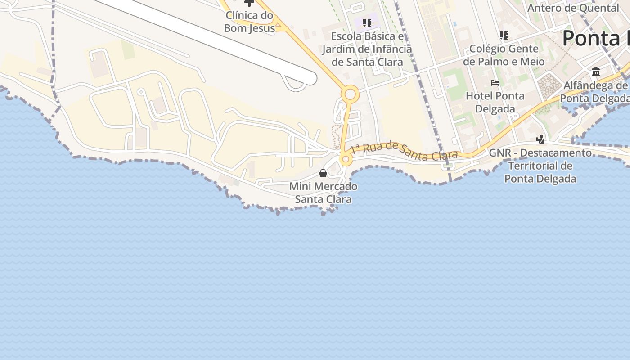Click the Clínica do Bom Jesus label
(249, 22)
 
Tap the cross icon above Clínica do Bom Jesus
(249, 3)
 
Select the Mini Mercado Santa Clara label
(323, 193)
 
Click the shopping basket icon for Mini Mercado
(323, 173)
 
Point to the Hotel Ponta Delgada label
(495, 102)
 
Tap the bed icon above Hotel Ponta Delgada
(495, 83)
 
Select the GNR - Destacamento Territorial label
(540, 166)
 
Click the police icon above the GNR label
(540, 139)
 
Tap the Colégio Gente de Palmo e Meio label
(504, 55)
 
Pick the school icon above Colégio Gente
(504, 35)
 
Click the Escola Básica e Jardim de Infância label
(367, 49)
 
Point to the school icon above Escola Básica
(367, 22)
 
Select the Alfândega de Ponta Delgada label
(595, 92)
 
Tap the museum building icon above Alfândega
(596, 72)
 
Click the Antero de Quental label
(573, 8)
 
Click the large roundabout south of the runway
(350, 95)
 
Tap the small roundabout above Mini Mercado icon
(346, 159)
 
